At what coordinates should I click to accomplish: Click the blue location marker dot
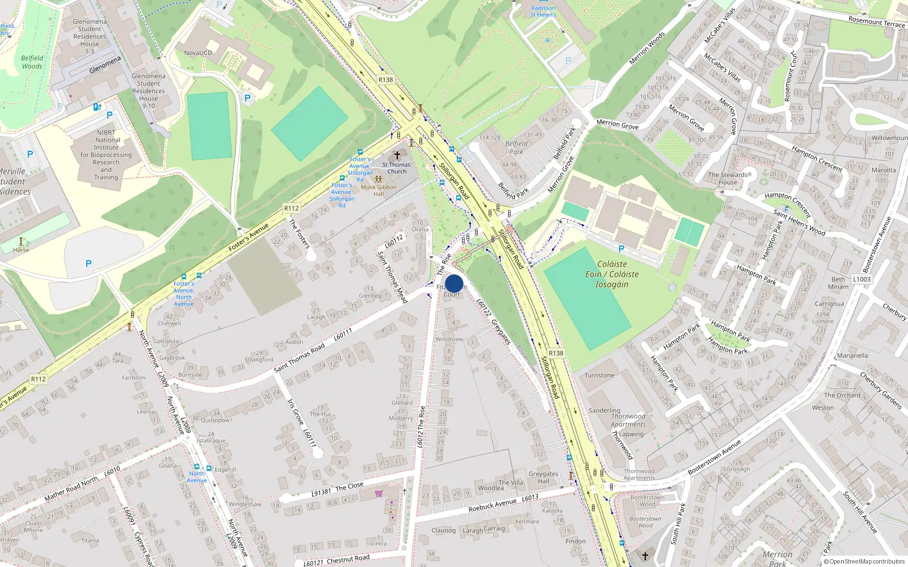(454, 283)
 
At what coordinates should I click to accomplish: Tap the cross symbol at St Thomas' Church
(397, 155)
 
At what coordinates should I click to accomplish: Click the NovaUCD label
(198, 53)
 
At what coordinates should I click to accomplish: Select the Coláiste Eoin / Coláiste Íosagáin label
(612, 274)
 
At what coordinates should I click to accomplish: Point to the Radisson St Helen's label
(543, 11)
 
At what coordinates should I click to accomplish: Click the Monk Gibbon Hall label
(379, 191)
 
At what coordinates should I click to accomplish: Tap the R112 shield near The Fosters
(292, 209)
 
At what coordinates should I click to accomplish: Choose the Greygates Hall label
(543, 477)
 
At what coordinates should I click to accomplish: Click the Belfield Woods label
(32, 62)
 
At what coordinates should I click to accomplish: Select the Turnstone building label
(599, 375)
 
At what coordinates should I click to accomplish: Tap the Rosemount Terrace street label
(876, 22)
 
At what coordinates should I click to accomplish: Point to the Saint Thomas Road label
(300, 358)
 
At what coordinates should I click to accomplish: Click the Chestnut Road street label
(348, 559)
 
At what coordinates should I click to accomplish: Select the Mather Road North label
(71, 489)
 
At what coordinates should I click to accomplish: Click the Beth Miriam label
(838, 283)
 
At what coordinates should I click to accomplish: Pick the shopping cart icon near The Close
(379, 493)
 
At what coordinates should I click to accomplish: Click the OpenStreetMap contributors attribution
(864, 562)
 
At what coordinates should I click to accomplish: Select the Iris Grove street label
(295, 412)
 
